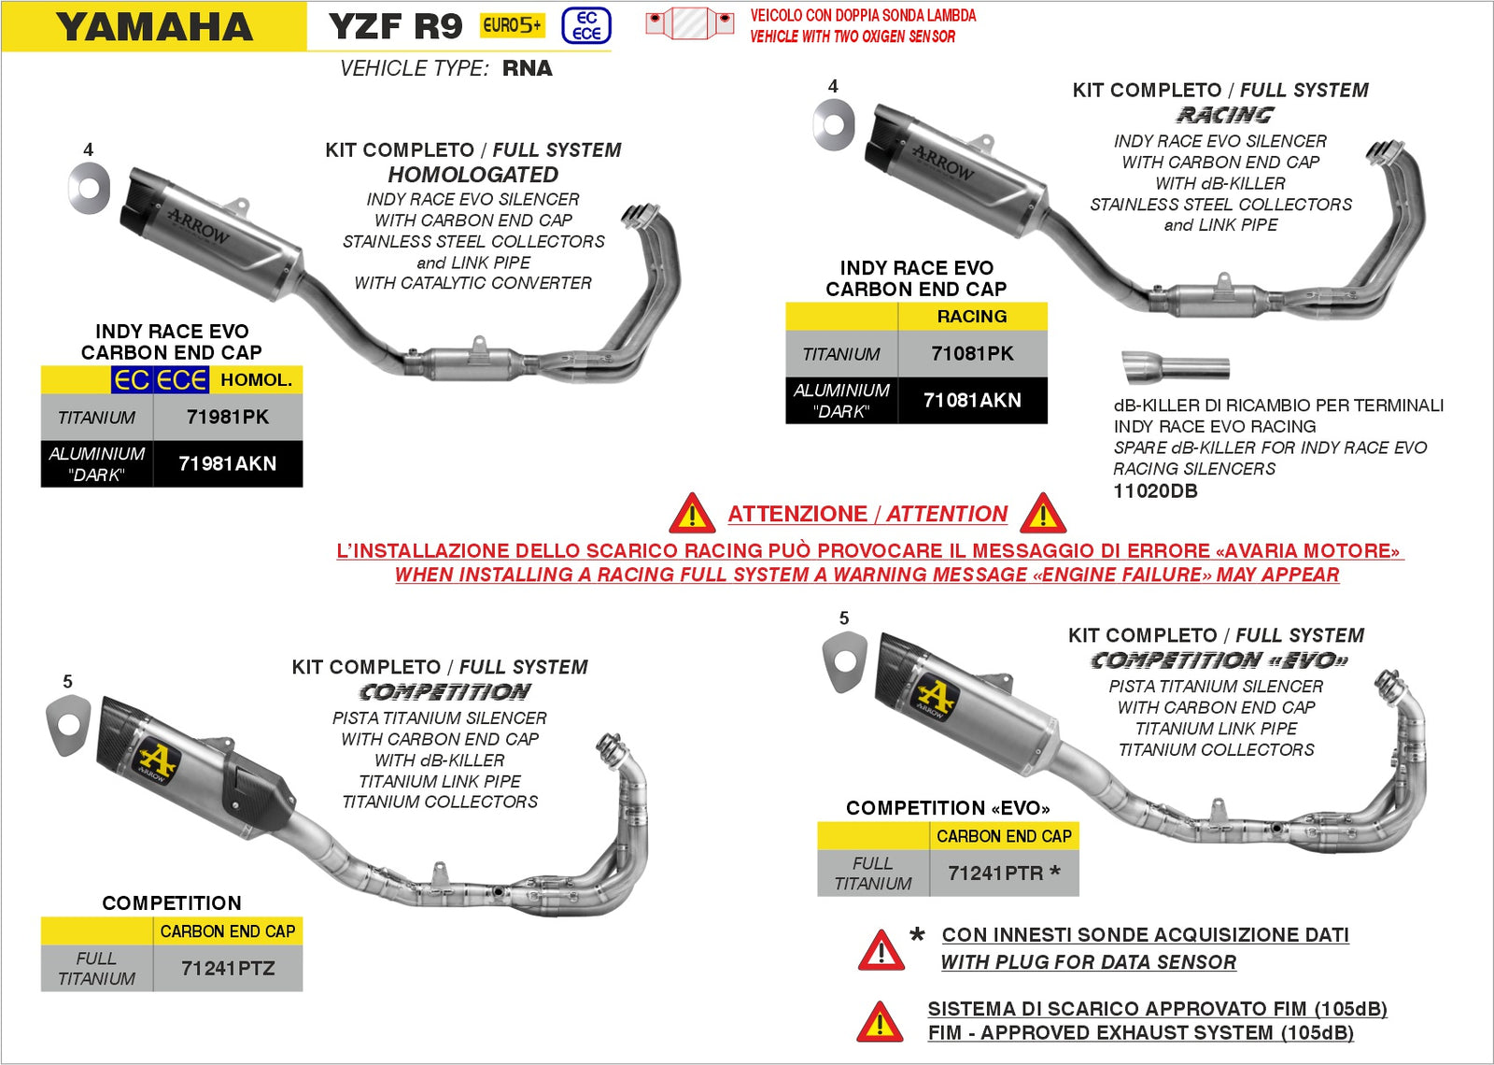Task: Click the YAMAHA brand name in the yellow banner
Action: [154, 27]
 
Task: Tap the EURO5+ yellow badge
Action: [512, 26]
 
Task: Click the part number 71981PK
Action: [227, 418]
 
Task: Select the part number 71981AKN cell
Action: [227, 463]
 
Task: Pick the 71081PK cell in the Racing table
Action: [972, 354]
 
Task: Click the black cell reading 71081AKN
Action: [972, 400]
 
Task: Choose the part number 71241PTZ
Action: [228, 969]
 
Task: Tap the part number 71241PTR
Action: [995, 873]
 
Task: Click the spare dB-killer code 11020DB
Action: [1155, 491]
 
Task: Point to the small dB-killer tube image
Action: [1175, 367]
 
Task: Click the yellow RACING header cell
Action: [972, 317]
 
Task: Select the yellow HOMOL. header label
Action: [256, 380]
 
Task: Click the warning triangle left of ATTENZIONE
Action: [692, 514]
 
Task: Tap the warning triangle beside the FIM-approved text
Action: [880, 1022]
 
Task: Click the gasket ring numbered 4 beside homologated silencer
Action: [90, 187]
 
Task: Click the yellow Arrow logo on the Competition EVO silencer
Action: [935, 697]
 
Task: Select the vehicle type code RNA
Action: [528, 68]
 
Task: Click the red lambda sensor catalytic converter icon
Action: [690, 22]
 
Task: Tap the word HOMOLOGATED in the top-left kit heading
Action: [473, 175]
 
